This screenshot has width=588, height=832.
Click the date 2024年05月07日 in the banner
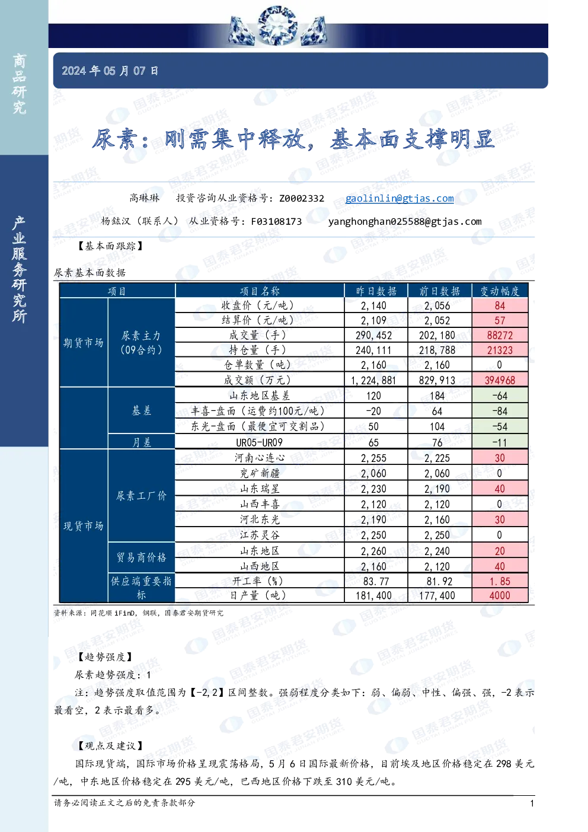[110, 71]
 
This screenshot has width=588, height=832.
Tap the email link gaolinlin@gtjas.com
[400, 198]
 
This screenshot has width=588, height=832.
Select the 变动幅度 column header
[500, 291]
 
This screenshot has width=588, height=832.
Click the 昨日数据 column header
[376, 291]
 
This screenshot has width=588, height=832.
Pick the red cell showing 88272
[500, 335]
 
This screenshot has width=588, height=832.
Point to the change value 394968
[500, 380]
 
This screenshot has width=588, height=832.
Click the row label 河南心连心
[260, 458]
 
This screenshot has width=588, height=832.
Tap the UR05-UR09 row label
[260, 442]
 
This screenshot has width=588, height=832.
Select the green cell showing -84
[500, 411]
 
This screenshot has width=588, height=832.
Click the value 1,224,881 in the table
[373, 380]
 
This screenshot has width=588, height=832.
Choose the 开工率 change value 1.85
[500, 581]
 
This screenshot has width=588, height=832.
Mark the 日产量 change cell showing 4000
[500, 595]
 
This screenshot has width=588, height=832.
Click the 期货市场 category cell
[84, 342]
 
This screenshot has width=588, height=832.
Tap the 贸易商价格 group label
[142, 557]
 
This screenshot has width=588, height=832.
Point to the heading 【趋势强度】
[106, 656]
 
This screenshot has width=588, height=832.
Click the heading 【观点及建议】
[111, 745]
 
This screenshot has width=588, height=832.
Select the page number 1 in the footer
[532, 803]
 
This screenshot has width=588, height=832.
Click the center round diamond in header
[277, 25]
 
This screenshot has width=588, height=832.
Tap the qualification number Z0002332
[302, 198]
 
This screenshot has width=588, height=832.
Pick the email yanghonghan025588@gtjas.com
[405, 222]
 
